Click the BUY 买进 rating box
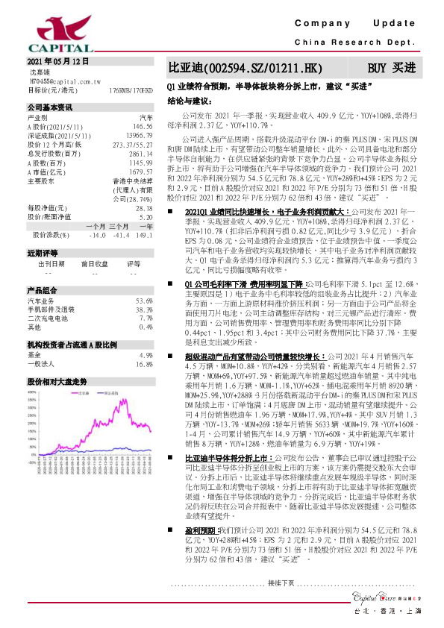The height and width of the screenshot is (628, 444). [391, 68]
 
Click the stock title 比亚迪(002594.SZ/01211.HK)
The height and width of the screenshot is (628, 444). [246, 68]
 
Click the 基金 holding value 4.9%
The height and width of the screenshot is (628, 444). [146, 355]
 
